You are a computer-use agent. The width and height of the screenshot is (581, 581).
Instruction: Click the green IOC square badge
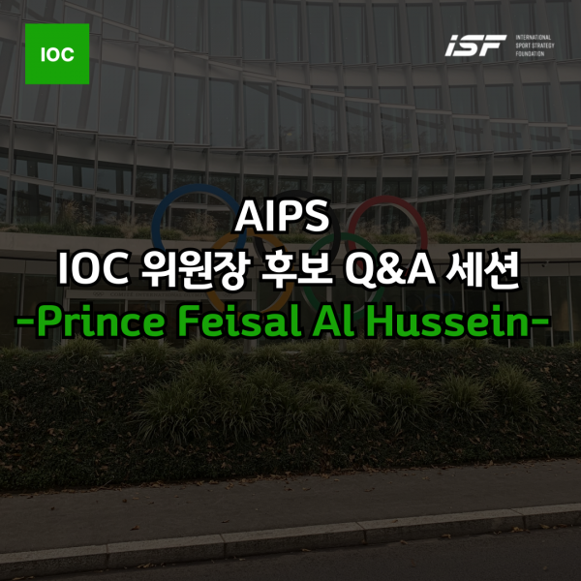(x=57, y=53)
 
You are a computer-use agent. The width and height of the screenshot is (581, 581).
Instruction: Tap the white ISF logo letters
(x=475, y=46)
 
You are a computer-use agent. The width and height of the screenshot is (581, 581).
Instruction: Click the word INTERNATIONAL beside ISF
(x=534, y=38)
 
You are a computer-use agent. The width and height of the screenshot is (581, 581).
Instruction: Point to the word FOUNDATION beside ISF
(x=530, y=53)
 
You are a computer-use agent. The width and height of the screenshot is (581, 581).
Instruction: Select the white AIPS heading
(x=283, y=217)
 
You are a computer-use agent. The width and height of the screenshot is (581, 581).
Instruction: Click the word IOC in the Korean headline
(x=93, y=269)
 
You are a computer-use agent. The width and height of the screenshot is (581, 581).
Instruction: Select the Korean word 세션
(x=483, y=269)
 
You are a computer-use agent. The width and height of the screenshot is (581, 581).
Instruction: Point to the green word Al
(x=333, y=321)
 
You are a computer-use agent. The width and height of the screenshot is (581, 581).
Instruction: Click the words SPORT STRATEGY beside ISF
(x=535, y=46)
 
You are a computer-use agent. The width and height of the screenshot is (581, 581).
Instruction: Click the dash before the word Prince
(x=25, y=321)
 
